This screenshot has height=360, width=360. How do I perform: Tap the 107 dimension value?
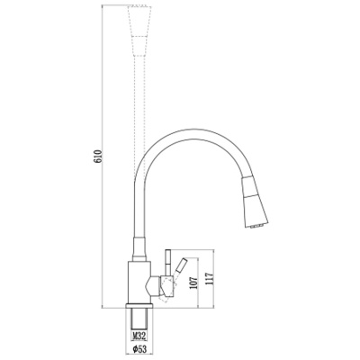194,283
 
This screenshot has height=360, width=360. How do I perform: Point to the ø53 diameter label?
139,349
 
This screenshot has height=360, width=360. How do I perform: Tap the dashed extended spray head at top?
139,31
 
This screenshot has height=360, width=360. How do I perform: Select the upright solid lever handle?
168,263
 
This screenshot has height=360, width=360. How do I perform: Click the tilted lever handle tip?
183,260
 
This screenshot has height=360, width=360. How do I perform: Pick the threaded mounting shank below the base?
139,319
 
